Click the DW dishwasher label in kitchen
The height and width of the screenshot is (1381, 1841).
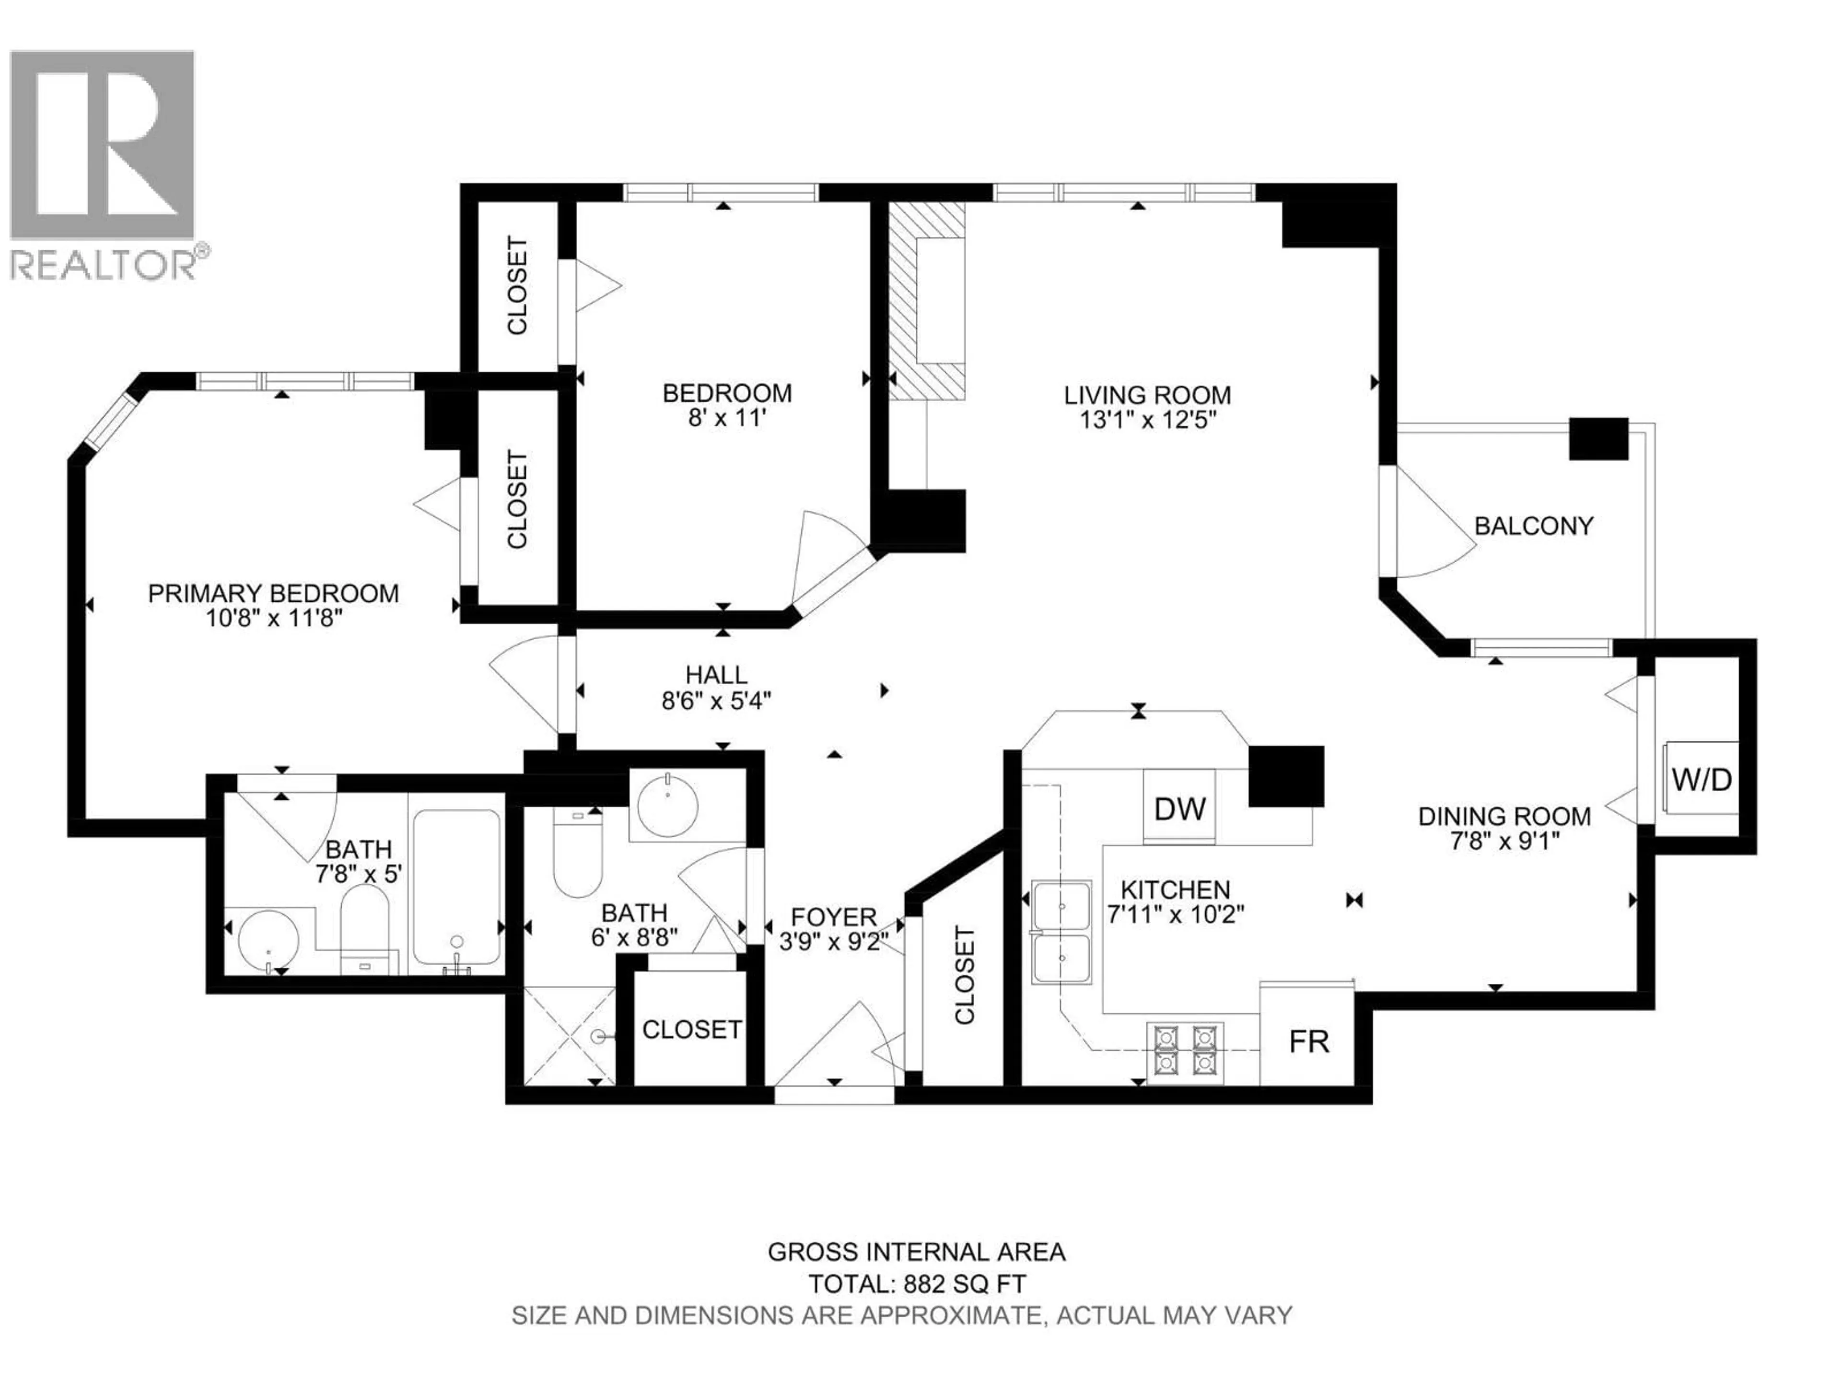pyautogui.click(x=1179, y=808)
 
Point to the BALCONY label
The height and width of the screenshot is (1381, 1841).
pyautogui.click(x=1533, y=526)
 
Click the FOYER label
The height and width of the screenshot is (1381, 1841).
pyautogui.click(x=833, y=917)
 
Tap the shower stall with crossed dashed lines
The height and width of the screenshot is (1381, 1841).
pyautogui.click(x=569, y=1036)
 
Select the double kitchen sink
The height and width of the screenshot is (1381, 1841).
pyautogui.click(x=1061, y=932)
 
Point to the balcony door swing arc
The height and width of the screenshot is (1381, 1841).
pyautogui.click(x=1436, y=533)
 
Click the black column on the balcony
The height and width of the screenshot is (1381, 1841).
pyautogui.click(x=1598, y=439)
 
